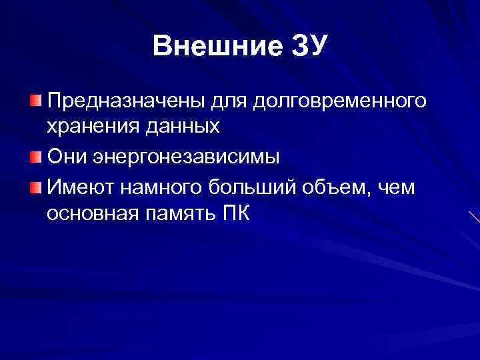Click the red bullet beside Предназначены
pyautogui.click(x=35, y=101)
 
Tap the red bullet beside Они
pyautogui.click(x=35, y=157)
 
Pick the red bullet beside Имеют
pyautogui.click(x=35, y=187)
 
